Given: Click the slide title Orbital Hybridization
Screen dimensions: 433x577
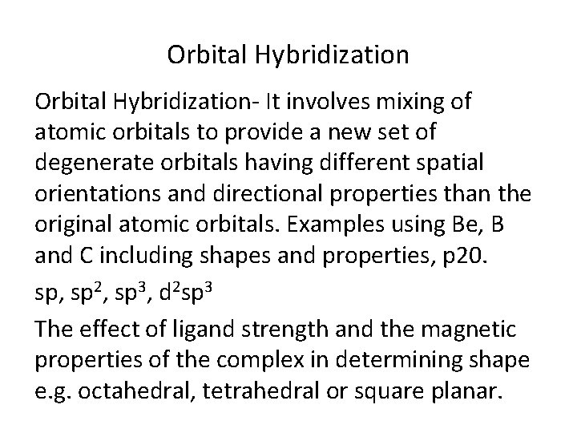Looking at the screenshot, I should tap(288, 55).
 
